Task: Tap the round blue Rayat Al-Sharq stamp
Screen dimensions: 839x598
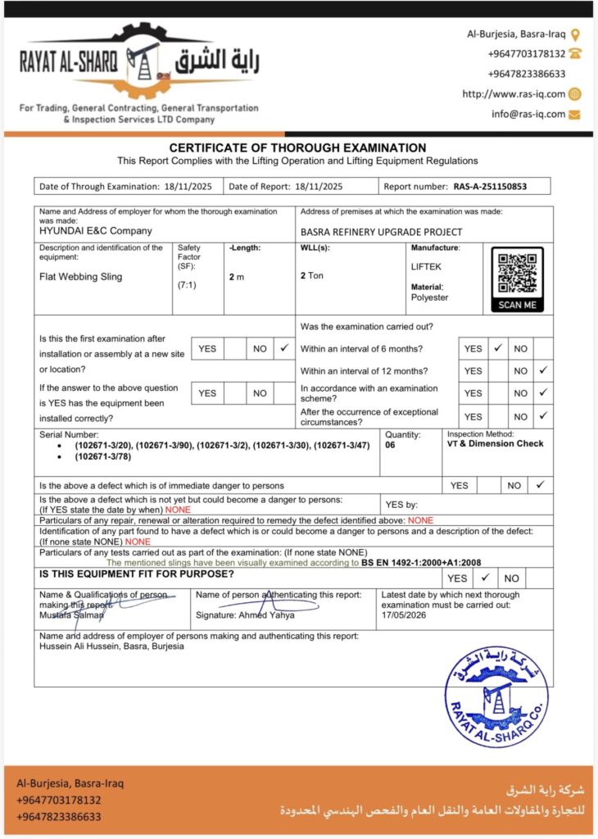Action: [x=496, y=696]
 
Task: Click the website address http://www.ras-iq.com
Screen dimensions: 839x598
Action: [x=514, y=94]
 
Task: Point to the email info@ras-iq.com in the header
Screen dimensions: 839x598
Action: [x=528, y=114]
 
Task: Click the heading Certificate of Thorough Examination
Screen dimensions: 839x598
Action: [x=297, y=147]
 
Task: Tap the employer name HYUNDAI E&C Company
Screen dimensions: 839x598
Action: [x=96, y=231]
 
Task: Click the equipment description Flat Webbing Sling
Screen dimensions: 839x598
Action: [x=80, y=277]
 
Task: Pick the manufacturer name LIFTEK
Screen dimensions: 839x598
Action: [x=425, y=266]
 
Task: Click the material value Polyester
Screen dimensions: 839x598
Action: [x=429, y=297]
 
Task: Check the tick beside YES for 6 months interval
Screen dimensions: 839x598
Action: [x=497, y=348]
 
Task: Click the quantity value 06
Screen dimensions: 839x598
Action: [x=390, y=445]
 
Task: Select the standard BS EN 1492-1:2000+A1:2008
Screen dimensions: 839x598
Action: [x=420, y=563]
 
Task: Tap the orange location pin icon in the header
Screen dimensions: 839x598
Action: [x=575, y=34]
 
